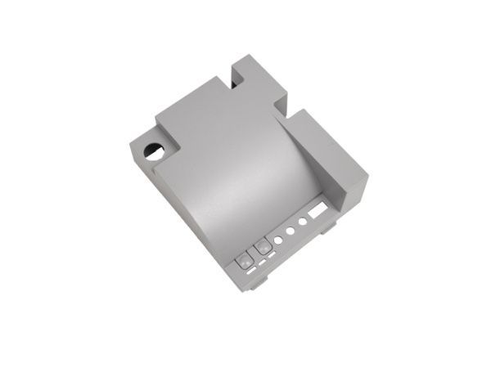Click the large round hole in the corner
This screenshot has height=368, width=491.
(x=153, y=150)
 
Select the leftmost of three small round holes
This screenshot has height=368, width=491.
(x=279, y=240)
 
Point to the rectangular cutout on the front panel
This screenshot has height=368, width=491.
(x=317, y=212)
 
